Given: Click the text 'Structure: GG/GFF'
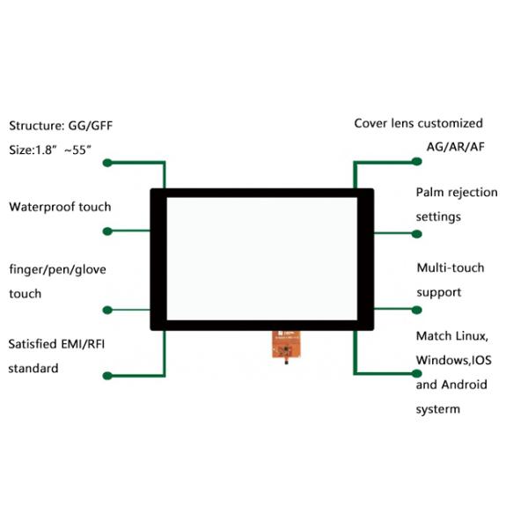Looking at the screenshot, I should click(x=61, y=126).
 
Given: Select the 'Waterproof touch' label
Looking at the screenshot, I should click(x=60, y=207).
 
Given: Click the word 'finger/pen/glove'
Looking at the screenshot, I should click(x=57, y=269).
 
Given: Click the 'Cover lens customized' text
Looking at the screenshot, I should click(x=418, y=123).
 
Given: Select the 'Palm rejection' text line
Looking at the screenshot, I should click(x=457, y=192).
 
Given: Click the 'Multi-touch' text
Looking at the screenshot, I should click(x=451, y=268).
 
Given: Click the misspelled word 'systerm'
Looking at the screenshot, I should click(x=438, y=409).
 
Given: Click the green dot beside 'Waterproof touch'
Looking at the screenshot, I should click(x=108, y=231).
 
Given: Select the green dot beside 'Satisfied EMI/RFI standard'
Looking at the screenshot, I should click(x=107, y=376).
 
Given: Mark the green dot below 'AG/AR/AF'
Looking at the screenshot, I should click(x=417, y=162).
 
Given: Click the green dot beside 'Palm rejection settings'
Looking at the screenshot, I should click(x=417, y=233).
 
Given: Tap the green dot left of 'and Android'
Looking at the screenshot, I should click(x=417, y=376).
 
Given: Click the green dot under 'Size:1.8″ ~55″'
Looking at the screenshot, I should click(x=108, y=163).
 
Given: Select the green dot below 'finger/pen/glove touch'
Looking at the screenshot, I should click(x=108, y=309).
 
